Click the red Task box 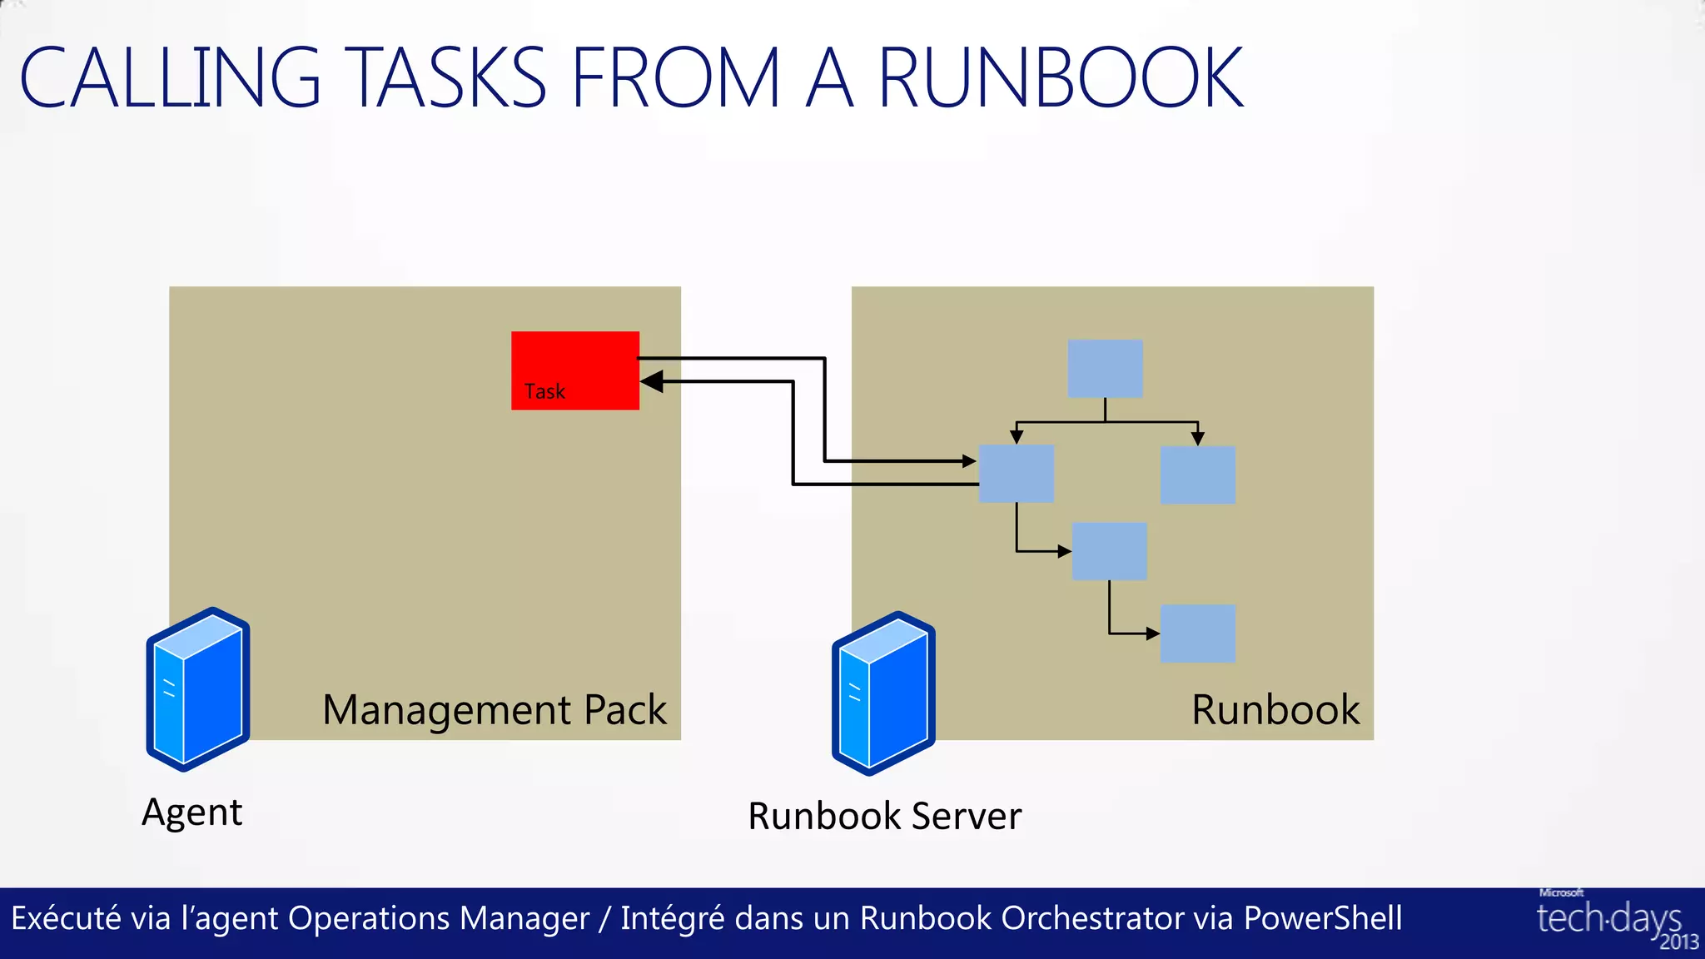click(x=575, y=370)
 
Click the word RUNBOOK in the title click(x=1061, y=78)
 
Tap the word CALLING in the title click(x=170, y=78)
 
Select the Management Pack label click(x=495, y=710)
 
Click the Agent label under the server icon click(x=192, y=812)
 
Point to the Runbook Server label click(x=884, y=816)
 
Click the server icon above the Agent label click(x=198, y=689)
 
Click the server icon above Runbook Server click(x=883, y=693)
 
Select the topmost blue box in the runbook click(x=1105, y=368)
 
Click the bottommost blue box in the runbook click(x=1197, y=634)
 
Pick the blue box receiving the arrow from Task click(x=1016, y=473)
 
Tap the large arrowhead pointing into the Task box click(x=652, y=382)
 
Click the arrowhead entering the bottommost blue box click(x=1153, y=634)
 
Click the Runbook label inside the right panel click(x=1275, y=710)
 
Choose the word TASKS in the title click(x=450, y=78)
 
